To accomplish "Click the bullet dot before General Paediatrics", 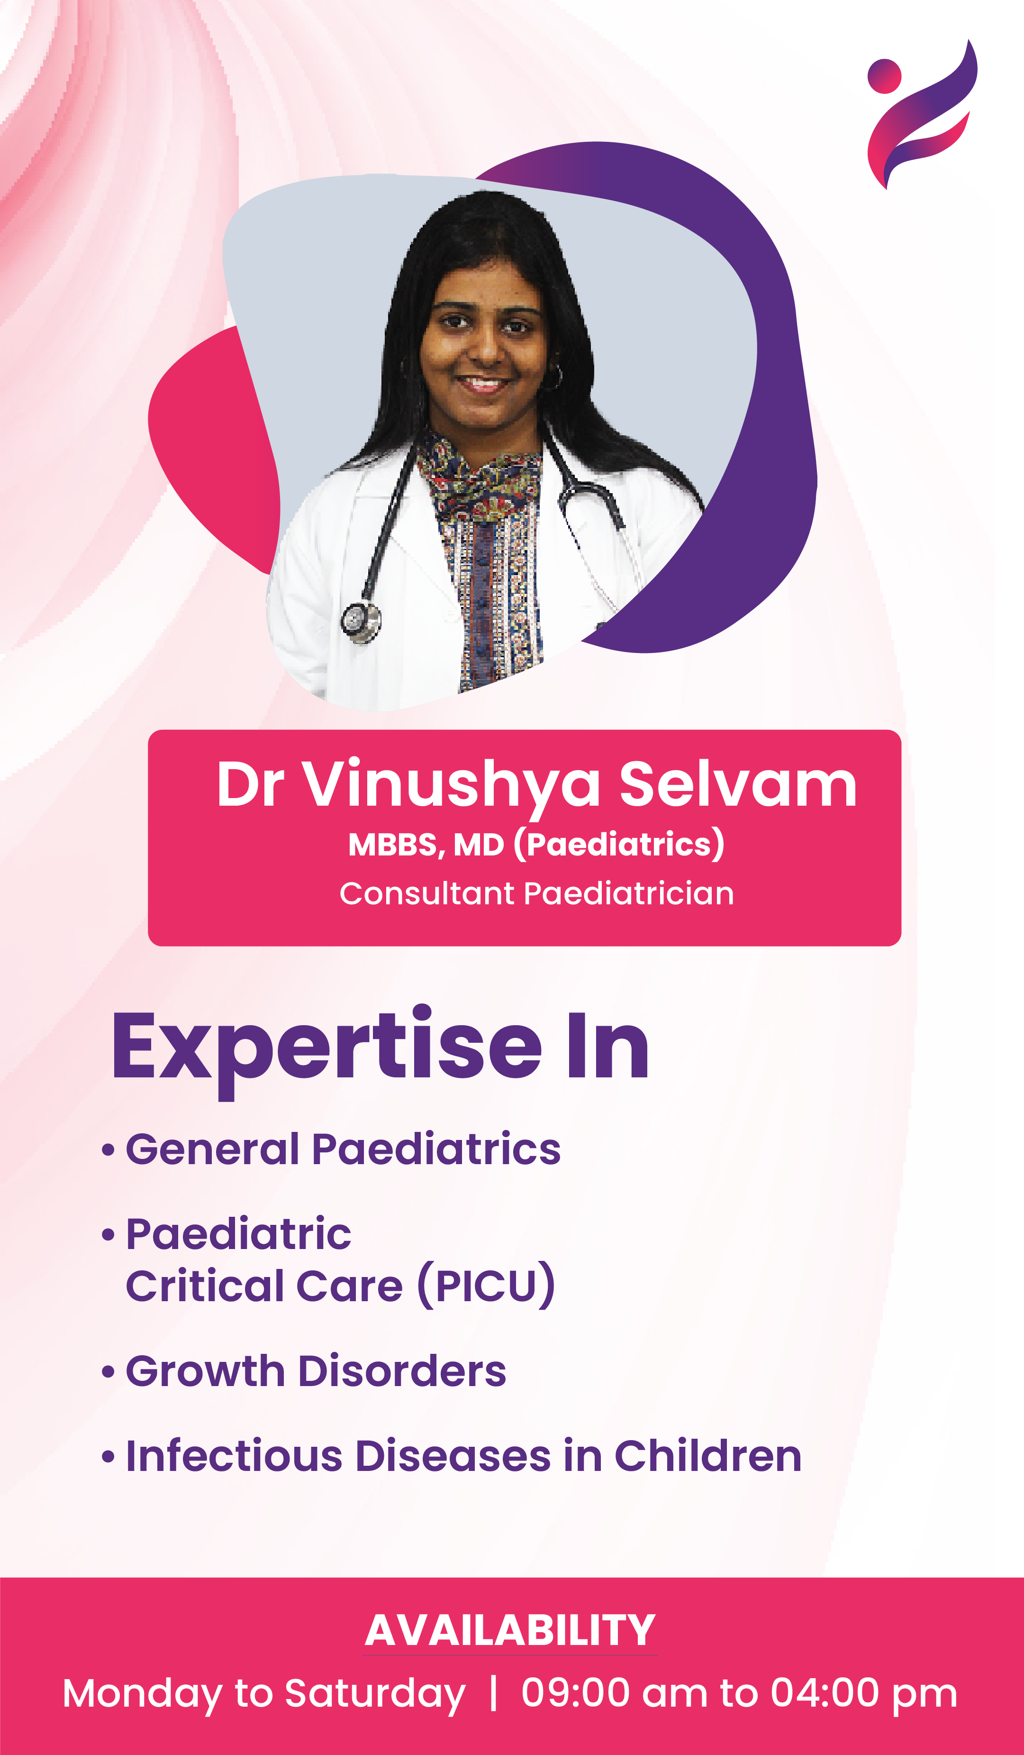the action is (x=108, y=1150).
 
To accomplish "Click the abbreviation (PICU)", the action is (x=486, y=1286).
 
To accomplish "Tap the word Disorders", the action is (x=402, y=1371).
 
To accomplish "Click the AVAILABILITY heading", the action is (x=510, y=1631).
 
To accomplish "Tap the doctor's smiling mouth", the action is (x=482, y=383).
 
